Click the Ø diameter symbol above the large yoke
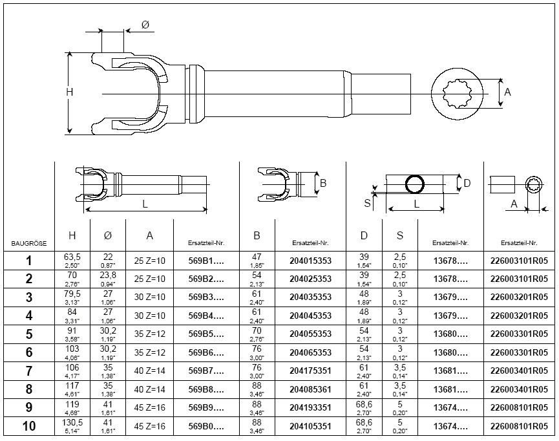[x=145, y=25]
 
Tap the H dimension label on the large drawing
[x=70, y=92]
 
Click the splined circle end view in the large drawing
[x=458, y=93]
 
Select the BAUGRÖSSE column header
[x=28, y=244]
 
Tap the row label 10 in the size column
[x=28, y=427]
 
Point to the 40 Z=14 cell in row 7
[x=149, y=372]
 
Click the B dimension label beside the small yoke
[x=323, y=184]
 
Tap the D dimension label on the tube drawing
[x=467, y=184]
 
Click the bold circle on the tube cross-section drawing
[x=414, y=184]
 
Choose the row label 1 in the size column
[x=28, y=262]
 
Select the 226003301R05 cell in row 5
[x=520, y=336]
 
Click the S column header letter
[x=400, y=236]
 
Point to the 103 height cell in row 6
[x=72, y=354]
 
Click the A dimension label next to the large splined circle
[x=507, y=92]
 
